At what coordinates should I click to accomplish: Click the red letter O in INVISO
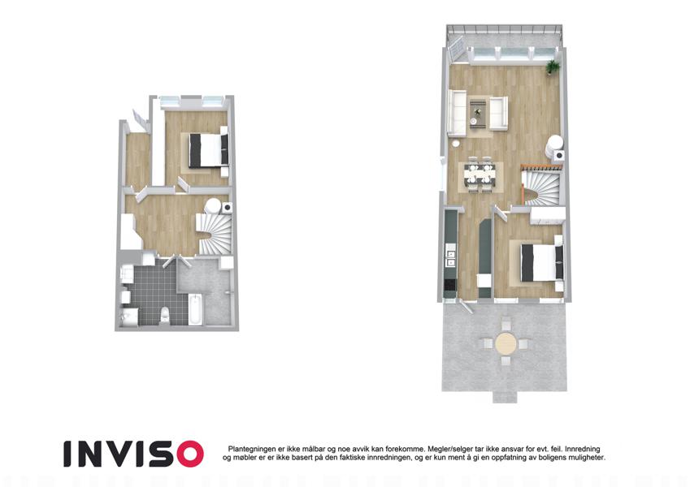click(187, 454)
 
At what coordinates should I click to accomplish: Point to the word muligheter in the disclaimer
click(587, 458)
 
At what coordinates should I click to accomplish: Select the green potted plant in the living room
click(553, 67)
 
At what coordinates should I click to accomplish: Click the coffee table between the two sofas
click(478, 113)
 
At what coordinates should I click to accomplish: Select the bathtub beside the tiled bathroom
click(195, 310)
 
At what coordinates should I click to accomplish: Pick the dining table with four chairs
click(480, 175)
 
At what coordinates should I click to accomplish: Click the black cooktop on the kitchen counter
click(450, 285)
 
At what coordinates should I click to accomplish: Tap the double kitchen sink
click(450, 258)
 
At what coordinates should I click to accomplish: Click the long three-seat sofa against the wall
click(457, 112)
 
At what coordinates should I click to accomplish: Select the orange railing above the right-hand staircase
click(541, 167)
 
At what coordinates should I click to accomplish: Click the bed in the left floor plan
click(206, 150)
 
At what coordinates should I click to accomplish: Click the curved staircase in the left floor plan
click(215, 233)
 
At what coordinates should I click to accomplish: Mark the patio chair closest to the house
click(506, 325)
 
